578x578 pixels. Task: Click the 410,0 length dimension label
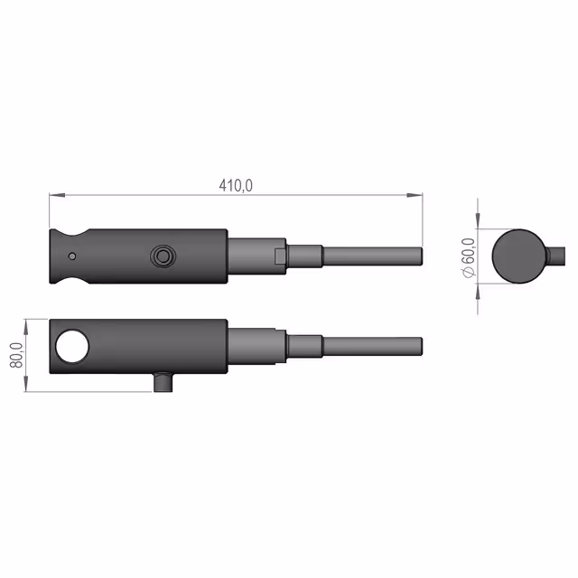point(236,185)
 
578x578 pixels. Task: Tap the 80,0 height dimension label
point(16,355)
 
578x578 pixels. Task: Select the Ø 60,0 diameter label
point(469,257)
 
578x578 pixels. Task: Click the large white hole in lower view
point(72,347)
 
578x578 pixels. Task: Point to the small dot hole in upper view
point(72,256)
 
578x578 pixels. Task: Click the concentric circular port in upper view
point(163,256)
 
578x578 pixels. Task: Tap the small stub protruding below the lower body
point(163,383)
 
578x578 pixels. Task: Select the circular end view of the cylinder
point(518,256)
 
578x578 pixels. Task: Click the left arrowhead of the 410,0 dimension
point(57,195)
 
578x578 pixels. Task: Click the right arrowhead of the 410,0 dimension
point(415,195)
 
